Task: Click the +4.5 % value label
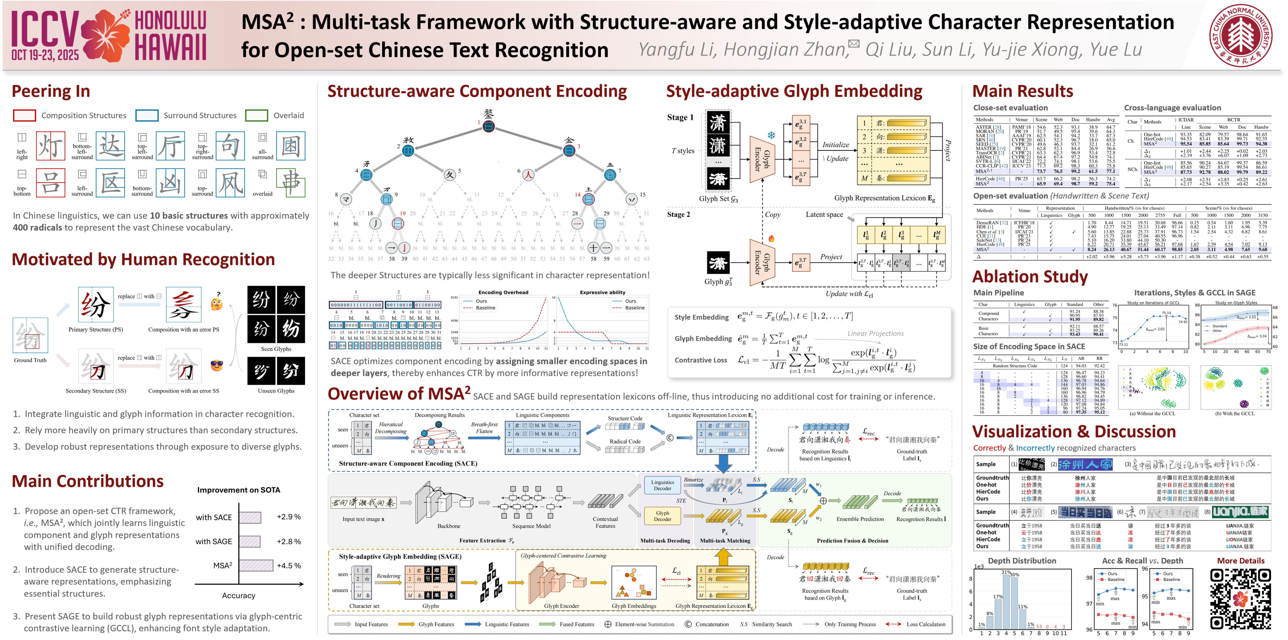click(x=289, y=566)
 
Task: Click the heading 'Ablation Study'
click(x=1030, y=277)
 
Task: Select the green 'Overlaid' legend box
click(x=257, y=115)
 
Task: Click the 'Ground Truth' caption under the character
click(x=30, y=360)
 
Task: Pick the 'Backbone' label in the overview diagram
click(x=449, y=526)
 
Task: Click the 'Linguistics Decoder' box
click(x=663, y=485)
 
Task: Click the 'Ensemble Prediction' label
click(x=860, y=519)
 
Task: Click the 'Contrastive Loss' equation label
click(x=701, y=360)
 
